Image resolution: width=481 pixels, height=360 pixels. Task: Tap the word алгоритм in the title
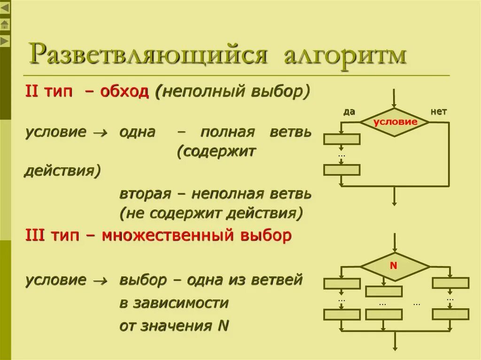345,55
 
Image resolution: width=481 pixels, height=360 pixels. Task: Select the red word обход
124,92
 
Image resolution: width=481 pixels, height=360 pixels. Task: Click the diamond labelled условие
395,122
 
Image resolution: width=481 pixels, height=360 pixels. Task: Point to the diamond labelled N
394,266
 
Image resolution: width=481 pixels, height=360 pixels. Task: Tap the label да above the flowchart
349,112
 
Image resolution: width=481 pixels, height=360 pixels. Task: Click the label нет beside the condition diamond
438,112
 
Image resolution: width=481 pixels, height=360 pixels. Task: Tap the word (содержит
216,152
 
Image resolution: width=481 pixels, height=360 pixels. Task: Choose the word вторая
143,193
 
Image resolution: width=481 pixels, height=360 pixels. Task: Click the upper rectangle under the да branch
342,139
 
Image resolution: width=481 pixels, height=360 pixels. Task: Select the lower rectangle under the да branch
342,169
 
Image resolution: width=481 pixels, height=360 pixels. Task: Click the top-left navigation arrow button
5,8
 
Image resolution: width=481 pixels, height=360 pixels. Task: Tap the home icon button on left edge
5,24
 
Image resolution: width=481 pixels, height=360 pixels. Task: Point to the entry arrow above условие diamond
395,99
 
